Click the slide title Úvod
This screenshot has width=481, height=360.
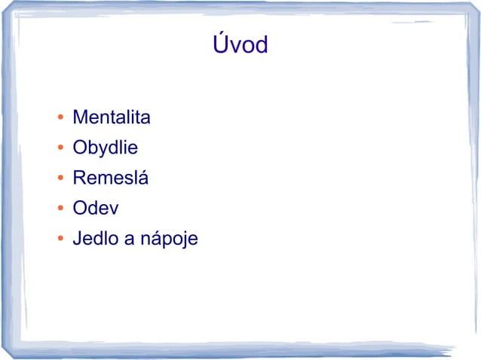pyautogui.click(x=240, y=45)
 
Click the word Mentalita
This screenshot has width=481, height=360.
pyautogui.click(x=112, y=118)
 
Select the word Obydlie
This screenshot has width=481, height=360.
pyautogui.click(x=105, y=149)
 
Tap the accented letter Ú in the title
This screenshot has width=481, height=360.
pyautogui.click(x=219, y=44)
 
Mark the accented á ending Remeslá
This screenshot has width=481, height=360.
pyautogui.click(x=144, y=179)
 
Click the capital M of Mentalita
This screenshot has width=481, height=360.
pyautogui.click(x=79, y=118)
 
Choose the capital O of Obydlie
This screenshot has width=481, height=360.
pyautogui.click(x=80, y=149)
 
